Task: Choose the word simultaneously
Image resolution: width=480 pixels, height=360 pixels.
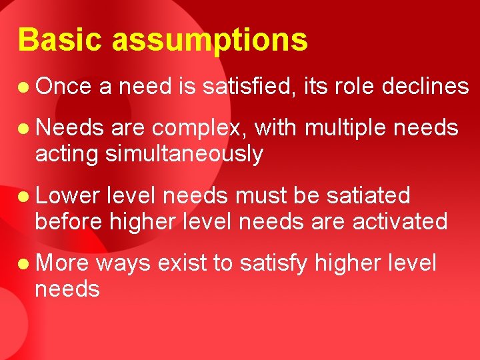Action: (x=183, y=155)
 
